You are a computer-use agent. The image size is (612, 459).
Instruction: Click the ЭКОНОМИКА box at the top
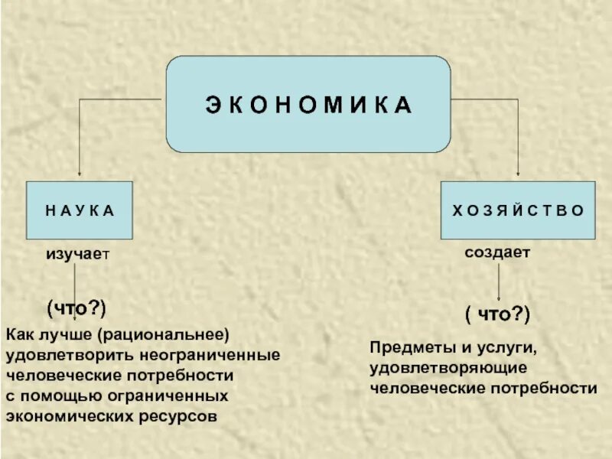click(x=308, y=103)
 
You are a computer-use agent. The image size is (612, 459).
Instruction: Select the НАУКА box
click(x=80, y=210)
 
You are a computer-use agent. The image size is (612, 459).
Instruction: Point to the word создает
click(x=497, y=251)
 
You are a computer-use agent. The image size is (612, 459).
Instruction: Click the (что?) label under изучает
click(x=76, y=308)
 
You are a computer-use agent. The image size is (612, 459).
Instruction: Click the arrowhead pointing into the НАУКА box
click(x=79, y=177)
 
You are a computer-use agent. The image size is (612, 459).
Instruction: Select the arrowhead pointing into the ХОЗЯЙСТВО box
click(x=518, y=177)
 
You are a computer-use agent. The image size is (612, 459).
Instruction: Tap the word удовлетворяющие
click(x=448, y=368)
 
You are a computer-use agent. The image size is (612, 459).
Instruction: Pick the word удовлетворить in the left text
click(x=71, y=356)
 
